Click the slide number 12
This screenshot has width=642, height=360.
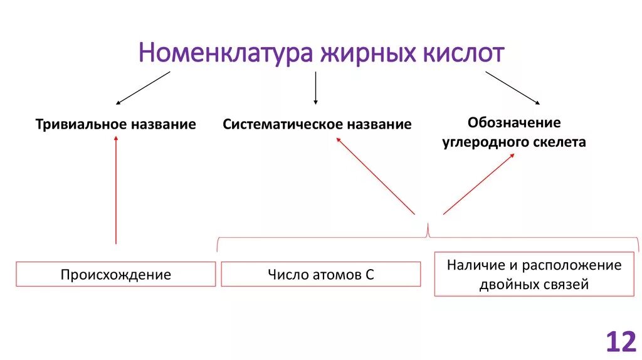(621, 342)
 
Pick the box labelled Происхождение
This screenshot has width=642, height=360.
(115, 275)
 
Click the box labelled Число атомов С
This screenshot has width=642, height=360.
(320, 275)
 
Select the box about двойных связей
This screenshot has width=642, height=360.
(534, 274)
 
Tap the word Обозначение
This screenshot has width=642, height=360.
(513, 122)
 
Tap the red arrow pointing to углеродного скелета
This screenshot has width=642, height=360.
(478, 184)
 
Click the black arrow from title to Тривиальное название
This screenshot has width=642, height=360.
(143, 88)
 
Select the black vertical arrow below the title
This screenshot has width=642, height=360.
(315, 88)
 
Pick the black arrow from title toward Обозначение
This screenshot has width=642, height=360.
(512, 88)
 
